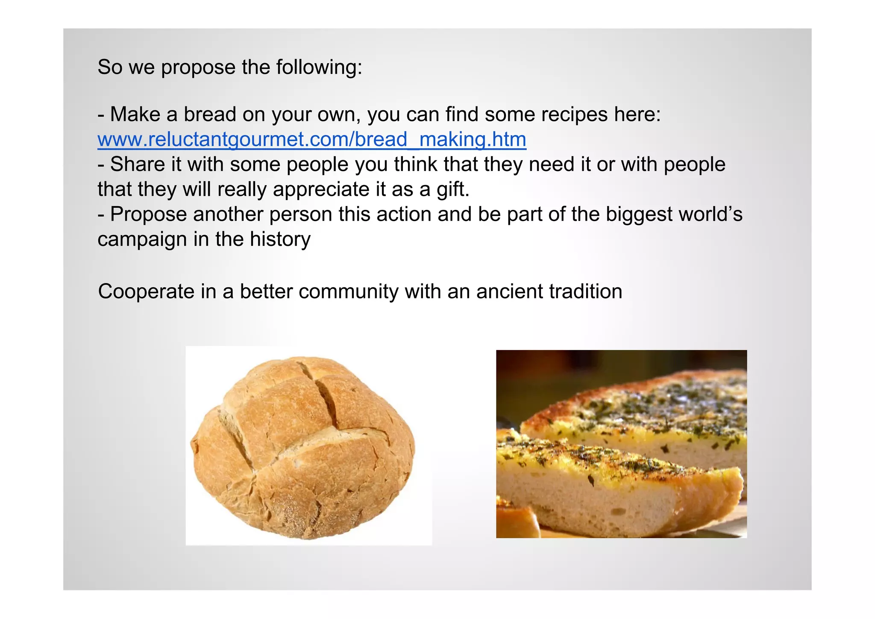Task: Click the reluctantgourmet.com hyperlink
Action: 311,140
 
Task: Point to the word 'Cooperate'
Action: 146,292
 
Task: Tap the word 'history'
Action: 280,239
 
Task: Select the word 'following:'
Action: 319,68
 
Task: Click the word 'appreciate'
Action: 321,189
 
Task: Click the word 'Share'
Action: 137,165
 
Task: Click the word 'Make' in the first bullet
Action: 135,115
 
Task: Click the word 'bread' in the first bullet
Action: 209,115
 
